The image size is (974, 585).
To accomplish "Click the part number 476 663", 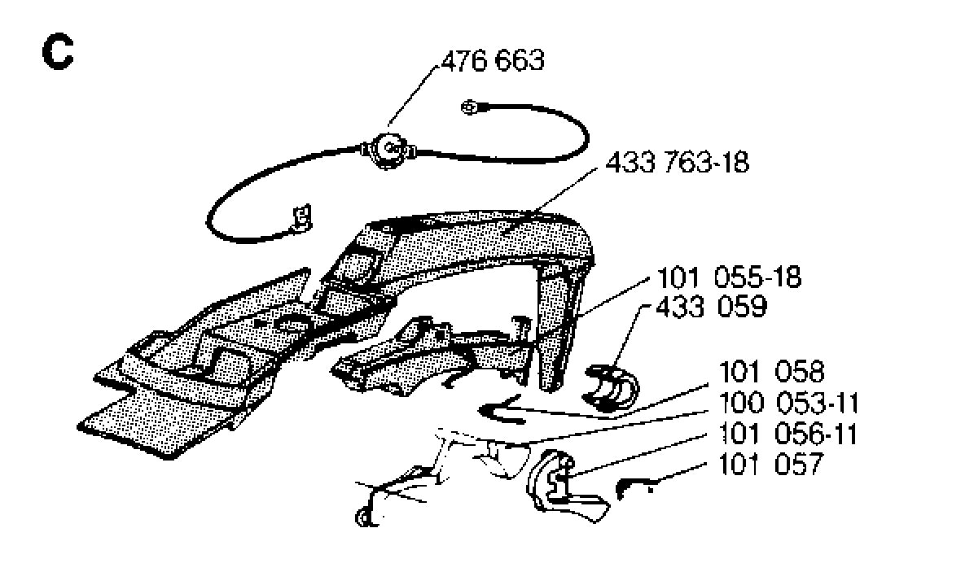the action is (x=493, y=61).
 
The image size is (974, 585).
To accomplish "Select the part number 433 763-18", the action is (x=677, y=163).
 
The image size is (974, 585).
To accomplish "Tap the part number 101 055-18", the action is (x=729, y=277).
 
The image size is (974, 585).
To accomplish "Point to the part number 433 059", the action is (x=712, y=307).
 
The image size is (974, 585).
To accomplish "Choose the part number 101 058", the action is (x=771, y=372).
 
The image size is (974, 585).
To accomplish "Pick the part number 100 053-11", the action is (x=789, y=404).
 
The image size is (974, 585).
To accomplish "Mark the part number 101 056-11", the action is (x=788, y=434).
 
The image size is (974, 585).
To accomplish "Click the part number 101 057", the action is (x=770, y=464).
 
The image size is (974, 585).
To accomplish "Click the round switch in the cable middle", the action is (x=389, y=149).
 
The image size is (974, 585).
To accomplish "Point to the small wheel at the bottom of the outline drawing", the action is (x=362, y=516).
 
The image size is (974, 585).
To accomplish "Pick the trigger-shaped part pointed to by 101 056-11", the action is (x=561, y=488).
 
